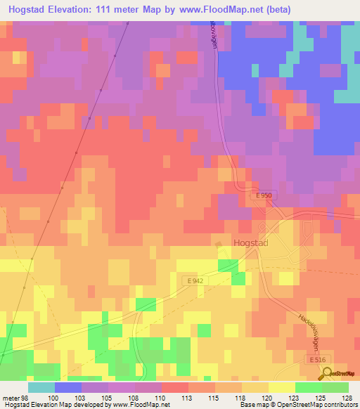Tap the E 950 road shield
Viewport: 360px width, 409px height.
[262, 197]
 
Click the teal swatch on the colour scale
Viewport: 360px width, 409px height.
[41, 387]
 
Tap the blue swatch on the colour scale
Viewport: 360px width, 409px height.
[68, 387]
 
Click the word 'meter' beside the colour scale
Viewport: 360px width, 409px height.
[11, 397]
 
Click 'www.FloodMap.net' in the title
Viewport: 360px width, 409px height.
[221, 8]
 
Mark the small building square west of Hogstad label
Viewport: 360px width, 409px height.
[219, 245]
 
